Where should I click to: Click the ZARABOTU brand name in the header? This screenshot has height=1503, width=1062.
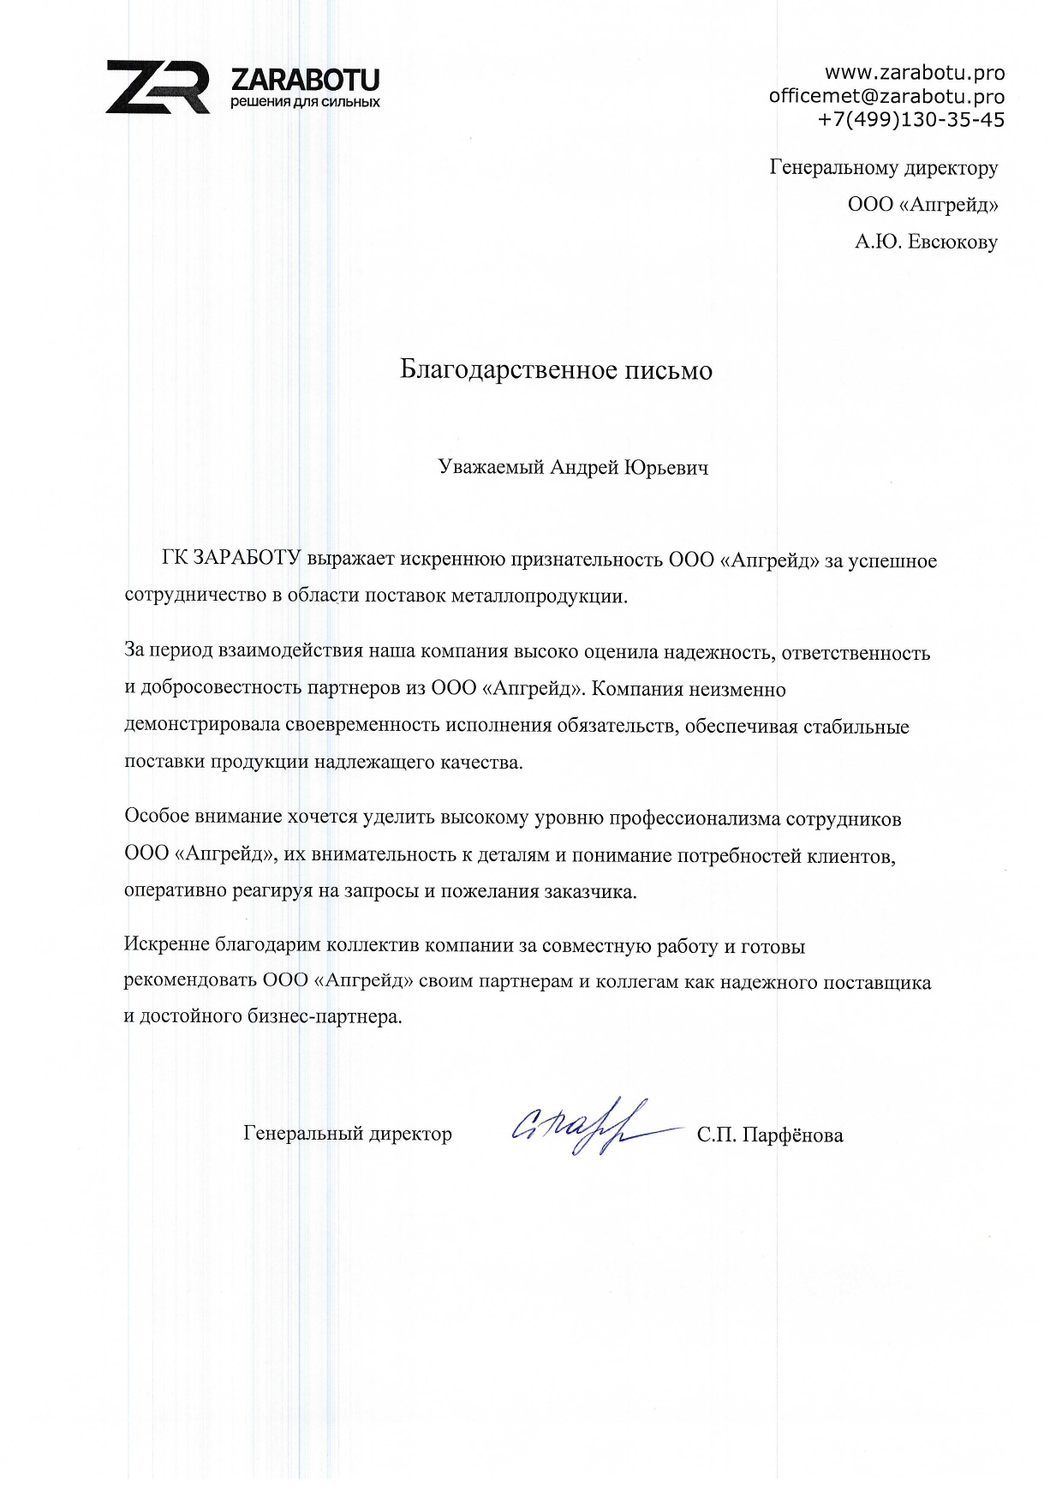pos(305,81)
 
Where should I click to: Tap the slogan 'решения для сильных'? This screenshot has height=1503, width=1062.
pos(305,103)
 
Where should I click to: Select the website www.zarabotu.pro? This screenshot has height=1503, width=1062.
pos(914,73)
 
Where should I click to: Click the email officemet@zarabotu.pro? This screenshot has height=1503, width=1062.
pos(886,96)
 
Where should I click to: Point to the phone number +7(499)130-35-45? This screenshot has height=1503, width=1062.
pos(911,119)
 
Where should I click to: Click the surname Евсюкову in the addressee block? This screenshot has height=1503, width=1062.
pos(952,243)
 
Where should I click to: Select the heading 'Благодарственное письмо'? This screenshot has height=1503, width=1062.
pos(556,370)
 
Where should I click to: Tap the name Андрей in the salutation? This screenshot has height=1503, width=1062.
pos(583,468)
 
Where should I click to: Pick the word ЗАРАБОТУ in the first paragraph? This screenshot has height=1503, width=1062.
pos(248,560)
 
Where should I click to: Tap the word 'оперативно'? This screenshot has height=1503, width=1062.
pos(175,891)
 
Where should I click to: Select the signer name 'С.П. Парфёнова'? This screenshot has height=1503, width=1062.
pos(769,1135)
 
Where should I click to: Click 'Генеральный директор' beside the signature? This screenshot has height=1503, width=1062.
pos(348,1134)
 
